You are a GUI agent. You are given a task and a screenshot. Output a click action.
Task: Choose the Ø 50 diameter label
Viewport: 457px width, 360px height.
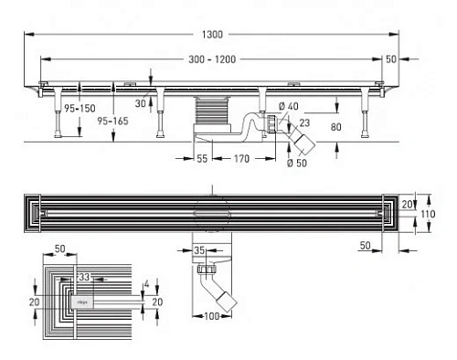[294, 164]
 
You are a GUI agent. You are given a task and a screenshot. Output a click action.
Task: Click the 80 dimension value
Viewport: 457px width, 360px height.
[336, 126]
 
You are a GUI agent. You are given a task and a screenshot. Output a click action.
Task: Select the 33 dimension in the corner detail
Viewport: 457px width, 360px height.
[83, 276]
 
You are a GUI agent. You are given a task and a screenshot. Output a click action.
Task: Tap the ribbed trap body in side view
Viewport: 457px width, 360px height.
[210, 116]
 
